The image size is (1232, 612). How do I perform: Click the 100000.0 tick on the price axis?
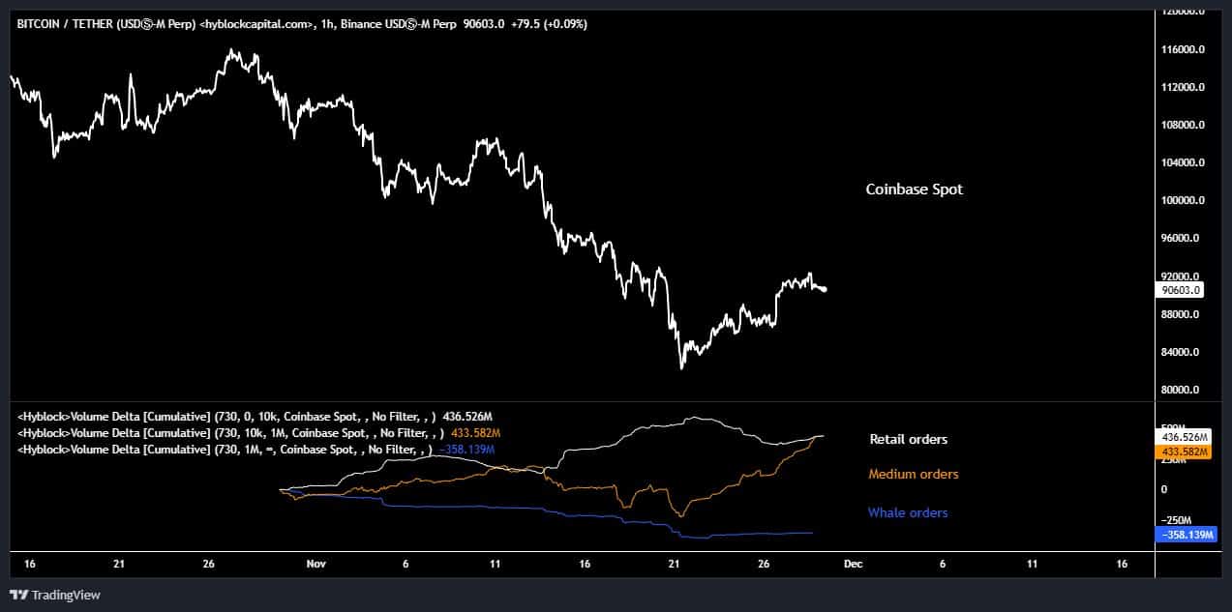pos(1183,200)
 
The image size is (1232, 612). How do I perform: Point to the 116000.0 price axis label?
pos(1183,49)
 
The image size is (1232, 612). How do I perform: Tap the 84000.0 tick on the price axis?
pos(1183,352)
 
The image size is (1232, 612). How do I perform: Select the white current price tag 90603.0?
pos(1182,289)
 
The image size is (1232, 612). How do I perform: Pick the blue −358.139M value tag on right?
pos(1185,534)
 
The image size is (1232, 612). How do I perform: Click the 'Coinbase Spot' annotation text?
pos(914,189)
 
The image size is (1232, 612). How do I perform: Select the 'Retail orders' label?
pos(908,439)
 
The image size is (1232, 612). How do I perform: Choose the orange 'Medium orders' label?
pos(913,474)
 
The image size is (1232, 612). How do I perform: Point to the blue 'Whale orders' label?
pos(907,512)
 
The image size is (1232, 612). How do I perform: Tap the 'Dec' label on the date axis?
pos(853,563)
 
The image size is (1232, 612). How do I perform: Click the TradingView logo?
pos(55,595)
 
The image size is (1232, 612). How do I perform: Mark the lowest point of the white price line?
pos(681,368)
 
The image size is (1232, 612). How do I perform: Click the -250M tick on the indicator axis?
pos(1178,519)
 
